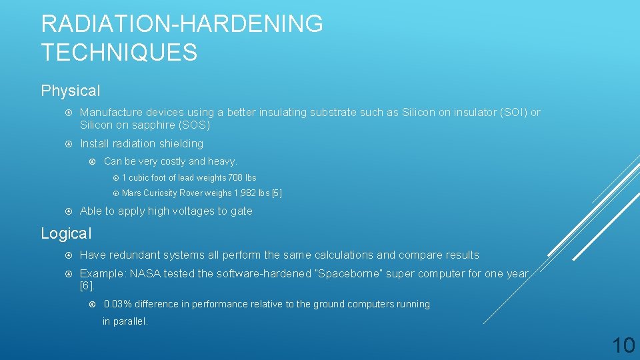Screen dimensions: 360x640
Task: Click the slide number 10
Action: click(x=623, y=345)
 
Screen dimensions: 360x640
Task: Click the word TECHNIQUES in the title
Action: click(x=119, y=52)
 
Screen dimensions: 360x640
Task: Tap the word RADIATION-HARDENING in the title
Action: click(x=182, y=24)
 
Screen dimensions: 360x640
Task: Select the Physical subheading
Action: click(x=71, y=91)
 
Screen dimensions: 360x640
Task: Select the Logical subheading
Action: click(x=66, y=233)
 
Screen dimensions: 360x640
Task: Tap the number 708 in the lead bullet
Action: click(x=236, y=178)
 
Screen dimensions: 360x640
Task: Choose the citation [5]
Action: click(x=276, y=193)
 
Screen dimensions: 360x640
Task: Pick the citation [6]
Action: click(x=87, y=286)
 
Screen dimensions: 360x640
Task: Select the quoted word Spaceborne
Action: click(x=347, y=274)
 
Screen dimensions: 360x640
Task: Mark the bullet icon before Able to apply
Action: click(x=69, y=211)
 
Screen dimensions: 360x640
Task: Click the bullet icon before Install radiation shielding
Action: click(x=69, y=144)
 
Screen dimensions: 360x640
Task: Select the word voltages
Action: click(x=191, y=211)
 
